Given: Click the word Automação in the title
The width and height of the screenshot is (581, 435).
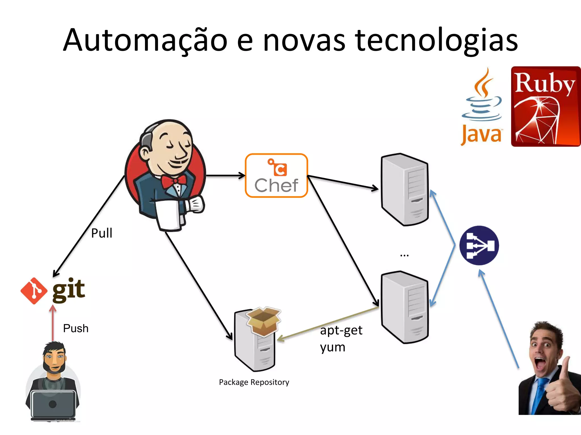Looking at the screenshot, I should [145, 40].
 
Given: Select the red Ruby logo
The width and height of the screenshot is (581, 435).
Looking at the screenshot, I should [546, 106].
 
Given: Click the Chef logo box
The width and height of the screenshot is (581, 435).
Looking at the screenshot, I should [276, 176].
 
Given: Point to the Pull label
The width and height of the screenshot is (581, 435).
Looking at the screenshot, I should [102, 233].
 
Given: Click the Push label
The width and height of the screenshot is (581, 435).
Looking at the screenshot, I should [76, 329].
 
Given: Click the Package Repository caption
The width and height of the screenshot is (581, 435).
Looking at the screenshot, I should [254, 382].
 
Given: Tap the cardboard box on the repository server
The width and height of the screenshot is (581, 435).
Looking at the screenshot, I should [264, 321].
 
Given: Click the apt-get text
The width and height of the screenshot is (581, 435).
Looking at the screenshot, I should [341, 330].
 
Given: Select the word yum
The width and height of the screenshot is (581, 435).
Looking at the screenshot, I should [332, 347].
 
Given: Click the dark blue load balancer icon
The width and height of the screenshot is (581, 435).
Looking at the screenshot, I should [479, 245].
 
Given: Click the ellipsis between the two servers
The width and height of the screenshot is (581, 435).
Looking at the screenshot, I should [404, 255].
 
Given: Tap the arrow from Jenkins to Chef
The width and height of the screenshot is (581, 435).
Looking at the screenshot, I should [225, 176].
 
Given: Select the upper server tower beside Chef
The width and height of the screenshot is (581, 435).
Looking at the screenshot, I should [405, 189].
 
